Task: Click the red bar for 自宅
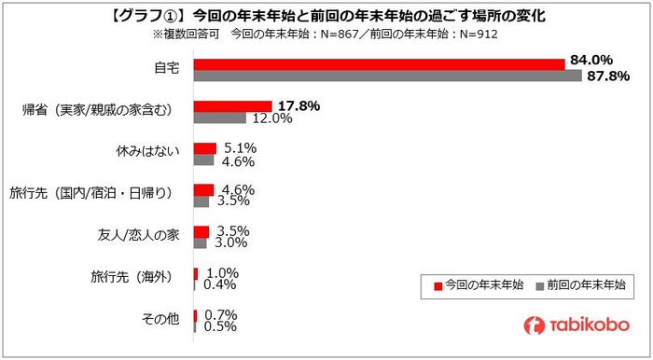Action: [x=379, y=63]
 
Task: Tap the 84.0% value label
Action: [x=590, y=61]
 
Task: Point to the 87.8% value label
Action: [x=607, y=76]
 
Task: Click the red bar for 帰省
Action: [x=232, y=105]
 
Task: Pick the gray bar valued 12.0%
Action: [x=219, y=118]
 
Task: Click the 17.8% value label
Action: [x=299, y=105]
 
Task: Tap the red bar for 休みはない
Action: [x=204, y=147]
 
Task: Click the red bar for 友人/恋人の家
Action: [x=201, y=231]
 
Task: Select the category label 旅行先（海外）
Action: [x=131, y=276]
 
